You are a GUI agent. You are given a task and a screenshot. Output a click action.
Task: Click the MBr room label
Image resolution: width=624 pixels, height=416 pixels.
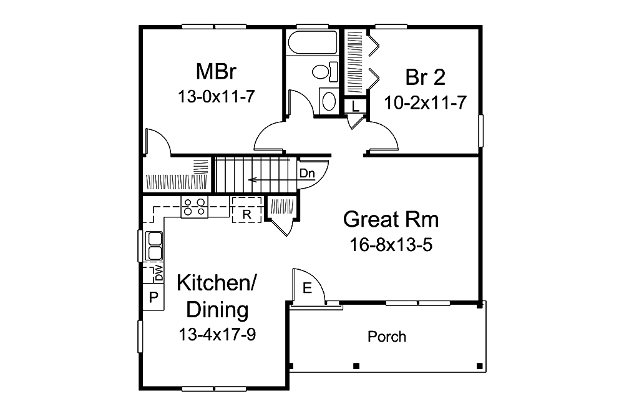point(216,71)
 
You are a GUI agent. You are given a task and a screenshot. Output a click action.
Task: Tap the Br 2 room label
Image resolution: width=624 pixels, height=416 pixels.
point(425,77)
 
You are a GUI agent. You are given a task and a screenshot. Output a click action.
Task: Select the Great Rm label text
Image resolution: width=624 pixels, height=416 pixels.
point(391,220)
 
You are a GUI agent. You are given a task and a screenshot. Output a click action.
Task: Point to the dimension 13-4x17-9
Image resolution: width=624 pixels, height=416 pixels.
point(217,335)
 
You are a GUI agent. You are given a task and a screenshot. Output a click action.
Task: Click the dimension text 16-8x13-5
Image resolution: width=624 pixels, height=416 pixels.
point(391,245)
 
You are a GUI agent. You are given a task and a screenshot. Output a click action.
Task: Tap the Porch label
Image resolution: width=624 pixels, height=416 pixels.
point(387,337)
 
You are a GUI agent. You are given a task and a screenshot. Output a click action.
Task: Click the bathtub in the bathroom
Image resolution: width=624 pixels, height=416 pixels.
point(313,42)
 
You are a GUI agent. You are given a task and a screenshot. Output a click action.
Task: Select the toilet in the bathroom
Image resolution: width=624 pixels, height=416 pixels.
point(324,72)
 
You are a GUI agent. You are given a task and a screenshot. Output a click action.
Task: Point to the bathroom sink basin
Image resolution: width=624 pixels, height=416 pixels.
point(329,101)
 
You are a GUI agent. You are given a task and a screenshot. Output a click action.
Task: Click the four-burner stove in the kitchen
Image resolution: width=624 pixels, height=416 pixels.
point(195,207)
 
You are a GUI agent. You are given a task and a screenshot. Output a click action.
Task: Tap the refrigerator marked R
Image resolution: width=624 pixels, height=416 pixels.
point(246,210)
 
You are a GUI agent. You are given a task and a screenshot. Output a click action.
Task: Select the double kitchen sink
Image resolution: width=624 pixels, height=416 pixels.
point(154,246)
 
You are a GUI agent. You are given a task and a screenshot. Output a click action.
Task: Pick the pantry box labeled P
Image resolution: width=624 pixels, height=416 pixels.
point(154,297)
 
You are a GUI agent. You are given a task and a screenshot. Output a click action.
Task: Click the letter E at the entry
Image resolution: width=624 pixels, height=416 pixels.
point(307,288)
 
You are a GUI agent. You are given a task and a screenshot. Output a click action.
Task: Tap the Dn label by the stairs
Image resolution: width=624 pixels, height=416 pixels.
point(307,174)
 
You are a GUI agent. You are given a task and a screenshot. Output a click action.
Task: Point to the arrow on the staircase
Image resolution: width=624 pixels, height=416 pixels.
point(282,180)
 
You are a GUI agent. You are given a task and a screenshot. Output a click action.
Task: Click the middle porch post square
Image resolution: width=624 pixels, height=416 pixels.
point(356,366)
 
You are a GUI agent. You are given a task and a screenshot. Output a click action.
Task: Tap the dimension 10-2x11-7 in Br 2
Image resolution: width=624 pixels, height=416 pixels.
point(425,103)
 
